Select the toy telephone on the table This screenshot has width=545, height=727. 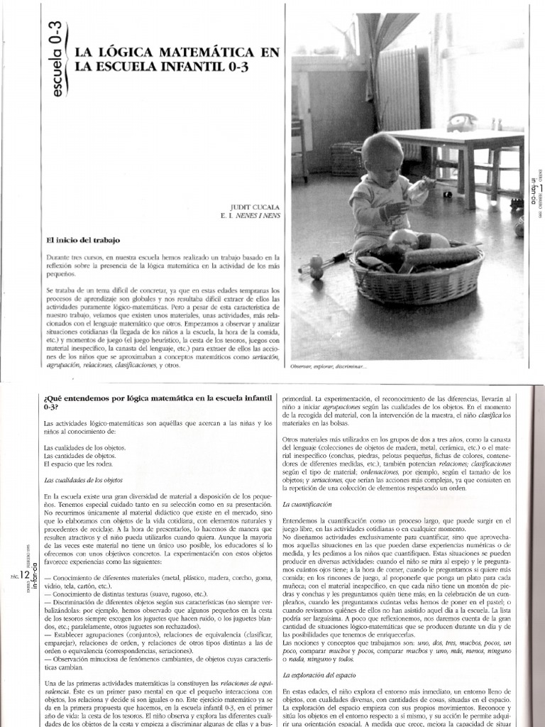pyautogui.click(x=462, y=122)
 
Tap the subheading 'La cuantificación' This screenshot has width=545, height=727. pyautogui.click(x=307, y=503)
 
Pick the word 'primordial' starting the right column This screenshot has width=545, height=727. pyautogui.click(x=297, y=399)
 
